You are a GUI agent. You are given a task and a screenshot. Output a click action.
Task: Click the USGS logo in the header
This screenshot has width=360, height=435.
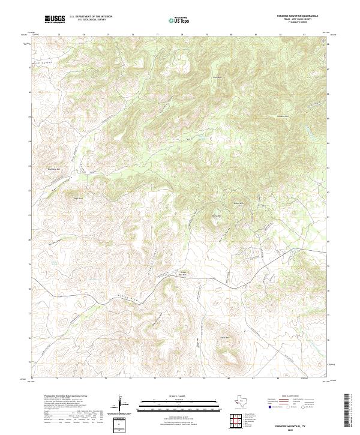coord(55,19)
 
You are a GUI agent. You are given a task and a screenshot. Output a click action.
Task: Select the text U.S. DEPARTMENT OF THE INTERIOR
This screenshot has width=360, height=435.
coord(91,16)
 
